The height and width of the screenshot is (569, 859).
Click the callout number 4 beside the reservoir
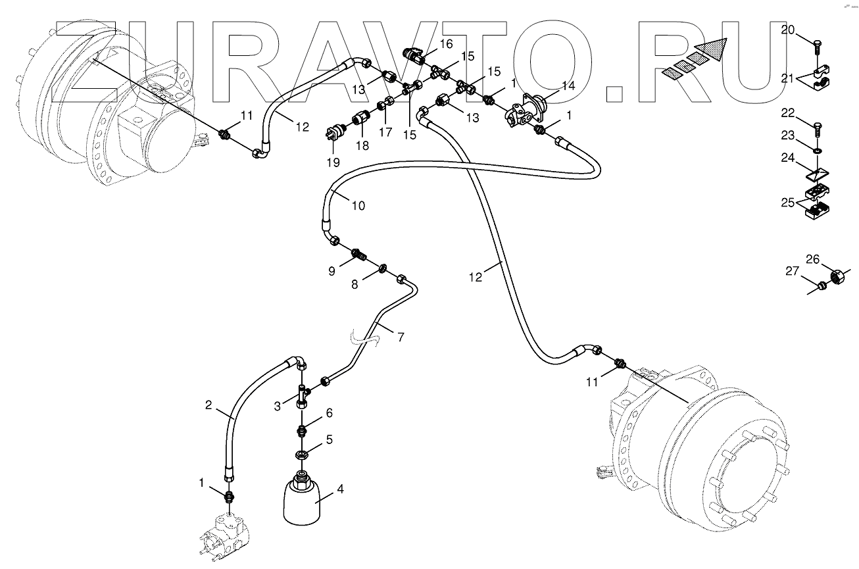340,489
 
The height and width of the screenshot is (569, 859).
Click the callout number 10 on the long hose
358,205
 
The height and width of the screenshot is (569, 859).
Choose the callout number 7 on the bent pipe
400,337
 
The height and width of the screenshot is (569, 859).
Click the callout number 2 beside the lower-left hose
209,405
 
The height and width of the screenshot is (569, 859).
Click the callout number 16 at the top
446,44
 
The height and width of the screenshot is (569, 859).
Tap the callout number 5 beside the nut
330,437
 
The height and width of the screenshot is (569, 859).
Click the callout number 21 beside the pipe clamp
788,79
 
